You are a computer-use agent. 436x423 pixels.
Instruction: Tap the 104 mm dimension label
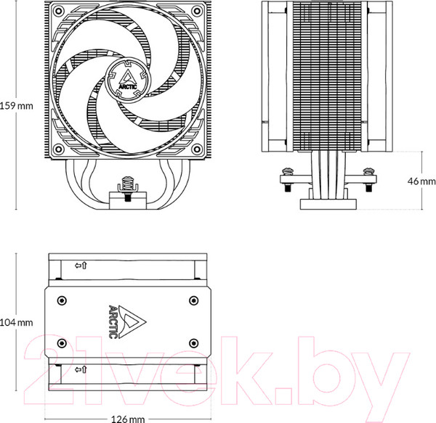pos(17,322)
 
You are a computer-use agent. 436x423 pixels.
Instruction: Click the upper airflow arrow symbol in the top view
pos(81,266)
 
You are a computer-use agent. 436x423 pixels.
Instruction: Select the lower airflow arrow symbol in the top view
pos(81,370)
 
